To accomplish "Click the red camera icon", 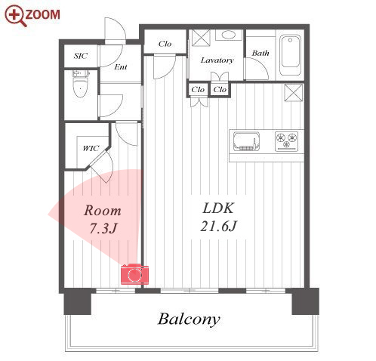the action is pos(134,274).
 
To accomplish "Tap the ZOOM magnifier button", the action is pos(32,15).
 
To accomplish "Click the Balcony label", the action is pos(189,319).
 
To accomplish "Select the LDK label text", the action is pos(218,208).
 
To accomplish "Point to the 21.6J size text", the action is pos(218,226).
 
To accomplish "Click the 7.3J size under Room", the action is pos(103,229).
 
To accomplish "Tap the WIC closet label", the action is pos(91,148).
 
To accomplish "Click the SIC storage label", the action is pos(81,56).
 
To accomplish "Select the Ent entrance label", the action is pos(121,67).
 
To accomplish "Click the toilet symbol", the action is pos(80,84).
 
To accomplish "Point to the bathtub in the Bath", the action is pos(291,55).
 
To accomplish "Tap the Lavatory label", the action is pos(217,60).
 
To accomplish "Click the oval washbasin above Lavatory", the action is pos(229,35).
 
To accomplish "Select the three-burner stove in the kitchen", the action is pos(287,141).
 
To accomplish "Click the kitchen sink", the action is pos(246,141).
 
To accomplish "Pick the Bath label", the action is pos(260,53).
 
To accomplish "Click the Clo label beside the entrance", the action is pos(165,44).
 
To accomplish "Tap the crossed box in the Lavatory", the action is pos(201,38).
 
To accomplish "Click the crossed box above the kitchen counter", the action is pos(293,93).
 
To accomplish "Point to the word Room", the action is pos(103,211).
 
